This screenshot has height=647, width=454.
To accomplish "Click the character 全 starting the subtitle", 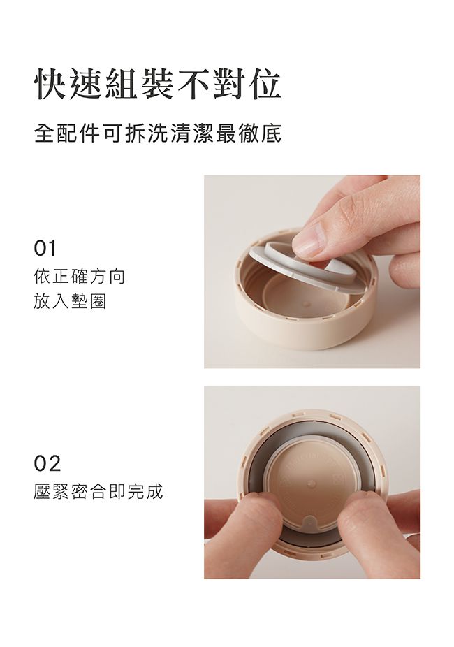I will click(x=43, y=132).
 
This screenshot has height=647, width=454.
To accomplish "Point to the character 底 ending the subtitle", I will click(x=272, y=132).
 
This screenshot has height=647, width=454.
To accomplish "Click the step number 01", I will click(x=45, y=249).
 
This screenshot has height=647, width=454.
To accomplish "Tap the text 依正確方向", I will click(x=80, y=277).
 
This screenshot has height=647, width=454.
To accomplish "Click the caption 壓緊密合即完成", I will click(x=98, y=491).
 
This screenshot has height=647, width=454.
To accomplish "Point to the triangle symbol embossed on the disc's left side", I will click(x=284, y=481).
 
